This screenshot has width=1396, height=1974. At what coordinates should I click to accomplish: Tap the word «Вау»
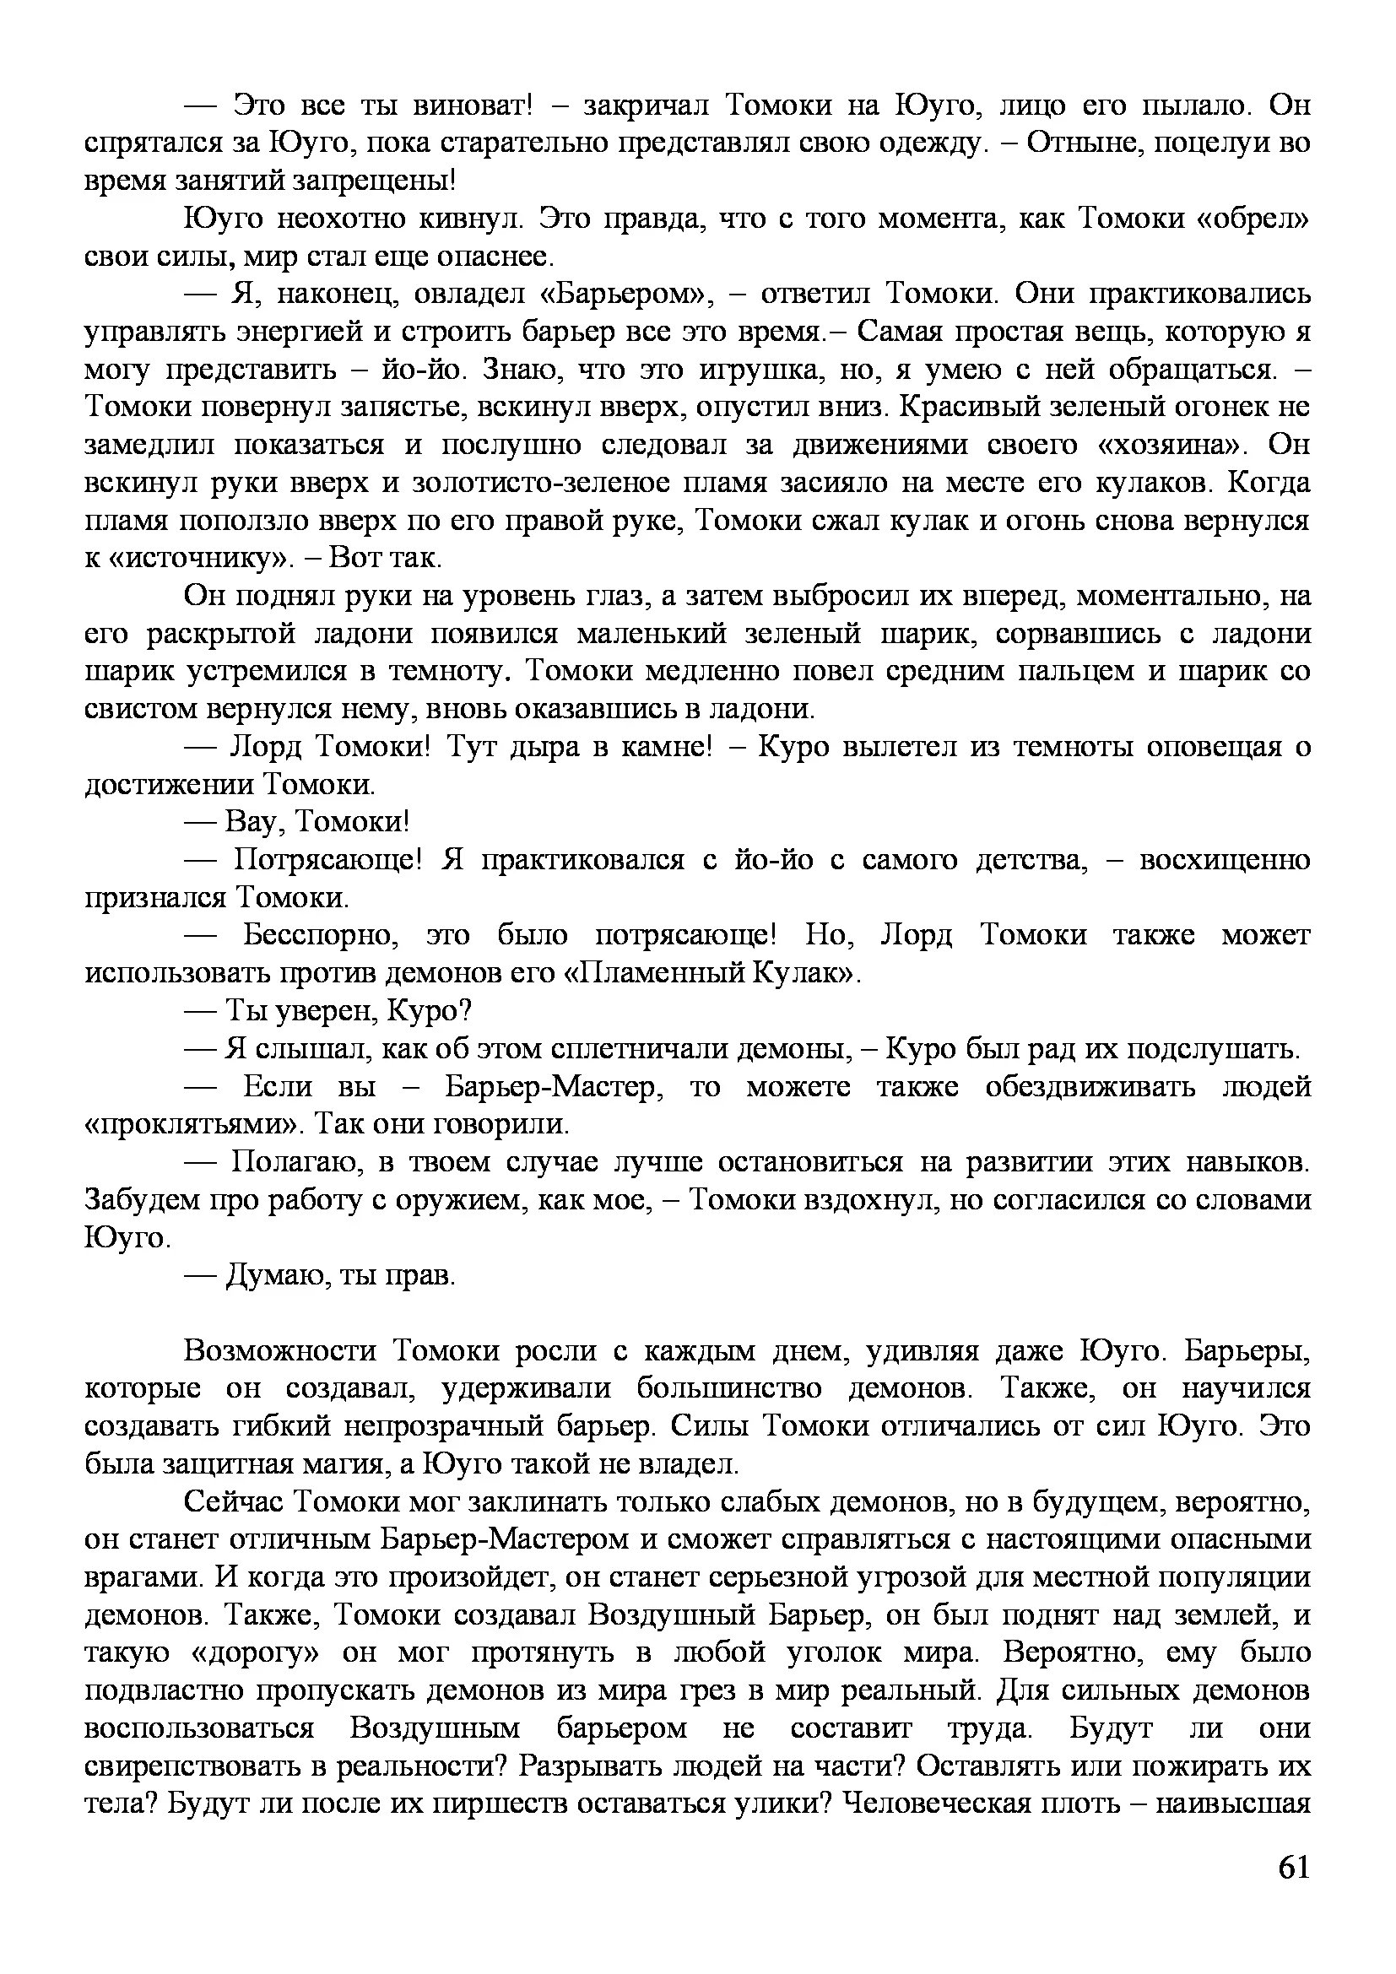click(x=254, y=823)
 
